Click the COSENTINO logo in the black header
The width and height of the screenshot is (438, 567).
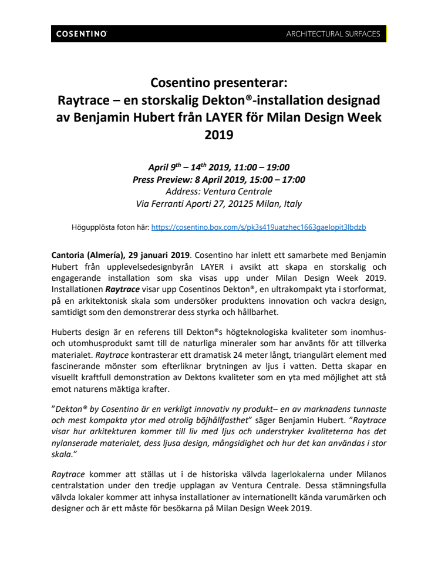(x=82, y=34)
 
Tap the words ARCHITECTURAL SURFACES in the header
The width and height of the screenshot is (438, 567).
(x=333, y=34)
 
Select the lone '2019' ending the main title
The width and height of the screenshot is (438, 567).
(x=218, y=135)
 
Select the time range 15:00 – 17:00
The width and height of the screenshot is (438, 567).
(x=275, y=179)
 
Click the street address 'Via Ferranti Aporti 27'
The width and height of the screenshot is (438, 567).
(x=183, y=203)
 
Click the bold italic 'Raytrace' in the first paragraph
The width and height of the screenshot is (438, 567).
(x=123, y=289)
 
